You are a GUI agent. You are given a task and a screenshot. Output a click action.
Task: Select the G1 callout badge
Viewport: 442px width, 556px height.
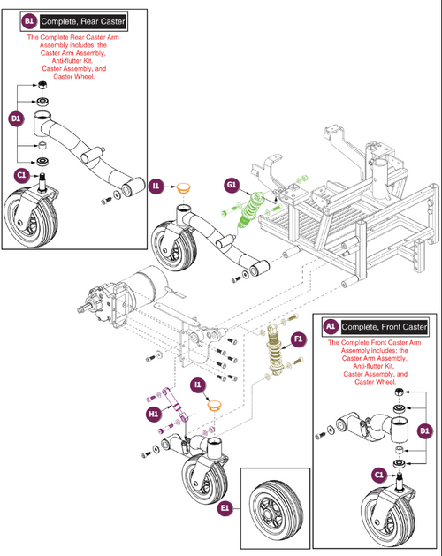(231, 186)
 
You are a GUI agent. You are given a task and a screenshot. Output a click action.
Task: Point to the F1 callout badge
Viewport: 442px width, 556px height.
(299, 338)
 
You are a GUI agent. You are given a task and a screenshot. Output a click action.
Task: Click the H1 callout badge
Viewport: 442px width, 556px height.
(153, 411)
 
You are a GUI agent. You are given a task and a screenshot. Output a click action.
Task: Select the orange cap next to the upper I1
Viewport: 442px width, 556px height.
(184, 187)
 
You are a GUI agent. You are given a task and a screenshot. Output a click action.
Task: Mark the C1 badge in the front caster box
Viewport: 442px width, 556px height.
(378, 475)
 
